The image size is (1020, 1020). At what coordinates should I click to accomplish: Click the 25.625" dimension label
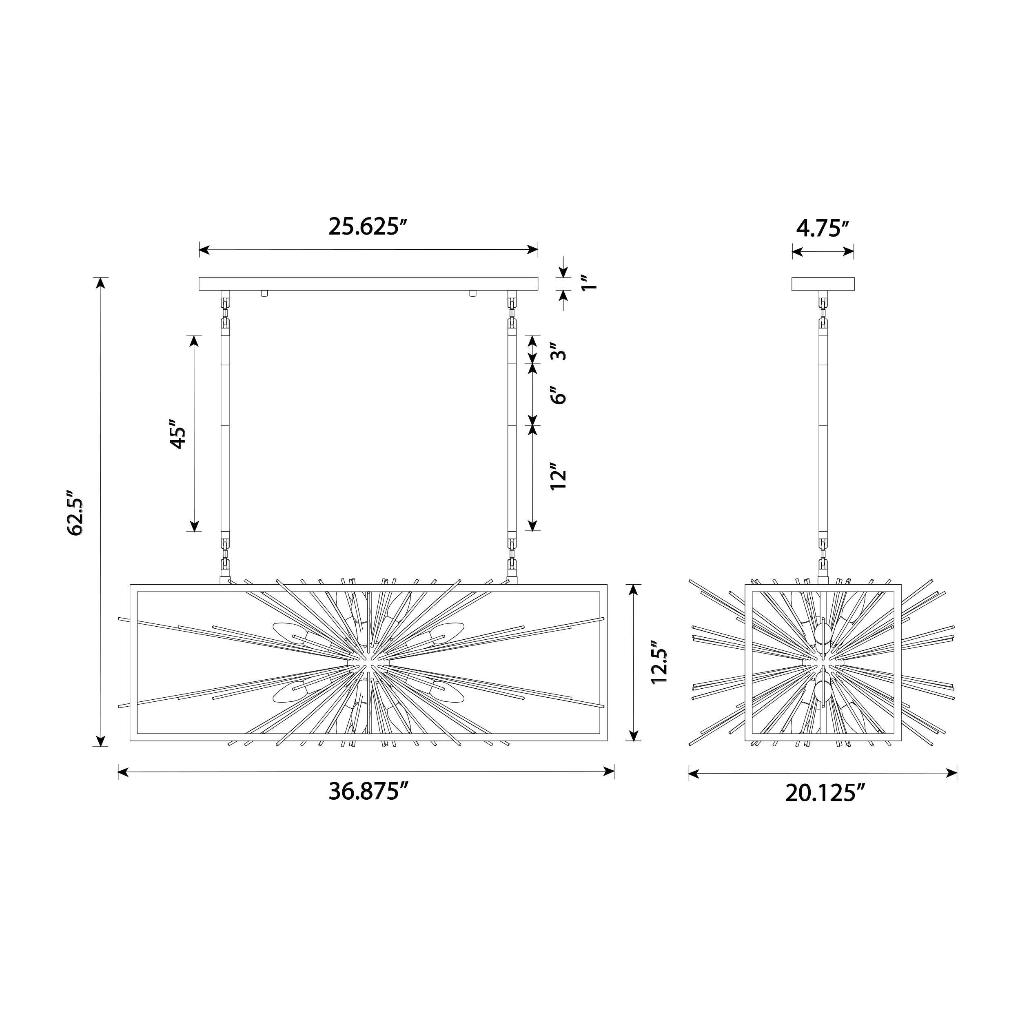pyautogui.click(x=368, y=226)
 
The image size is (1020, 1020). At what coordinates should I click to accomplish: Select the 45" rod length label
pyautogui.click(x=177, y=434)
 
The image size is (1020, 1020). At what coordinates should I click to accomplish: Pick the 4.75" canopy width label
pyautogui.click(x=823, y=228)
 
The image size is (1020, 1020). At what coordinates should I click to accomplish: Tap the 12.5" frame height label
pyautogui.click(x=660, y=663)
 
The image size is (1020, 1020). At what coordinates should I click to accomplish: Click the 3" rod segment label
pyautogui.click(x=558, y=350)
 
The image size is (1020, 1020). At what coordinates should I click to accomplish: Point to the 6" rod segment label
pyautogui.click(x=558, y=395)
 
